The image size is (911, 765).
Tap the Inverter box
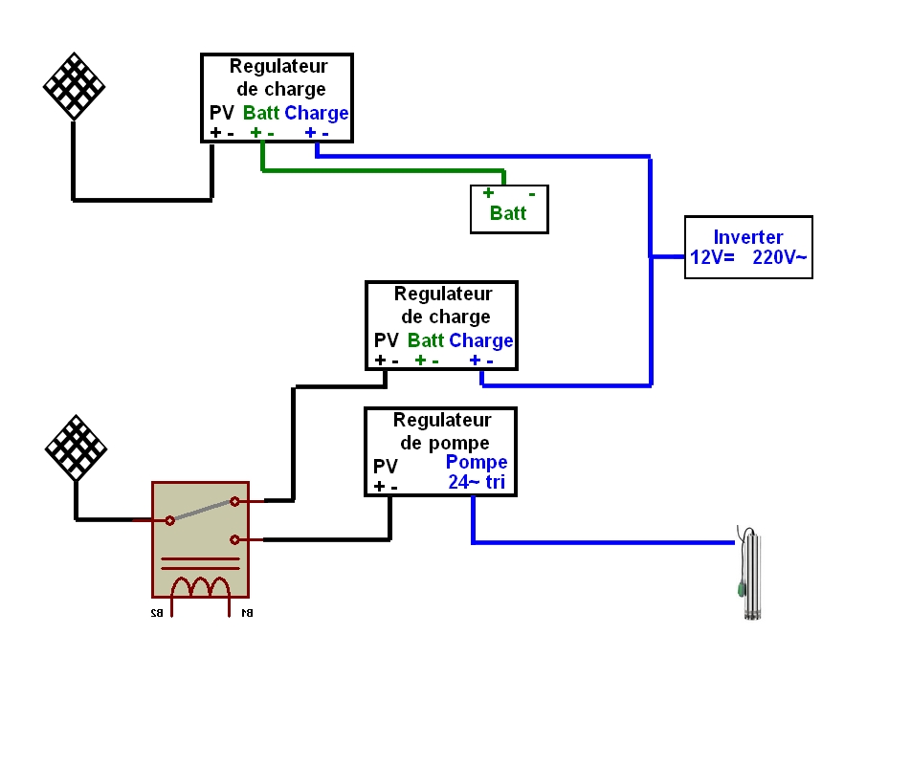tap(748, 248)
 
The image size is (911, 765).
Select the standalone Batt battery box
tap(509, 208)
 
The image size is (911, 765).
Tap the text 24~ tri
tap(476, 483)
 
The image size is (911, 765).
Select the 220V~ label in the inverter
tap(781, 257)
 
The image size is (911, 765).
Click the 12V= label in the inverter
tap(712, 257)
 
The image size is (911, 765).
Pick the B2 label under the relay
tap(157, 612)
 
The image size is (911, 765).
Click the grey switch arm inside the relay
tap(201, 511)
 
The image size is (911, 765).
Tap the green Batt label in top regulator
tap(261, 113)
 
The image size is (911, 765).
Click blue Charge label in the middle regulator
tap(481, 340)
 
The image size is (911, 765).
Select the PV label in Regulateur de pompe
tap(386, 467)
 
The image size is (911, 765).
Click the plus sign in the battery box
tap(488, 192)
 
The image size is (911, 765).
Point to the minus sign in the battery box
tap(531, 193)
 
